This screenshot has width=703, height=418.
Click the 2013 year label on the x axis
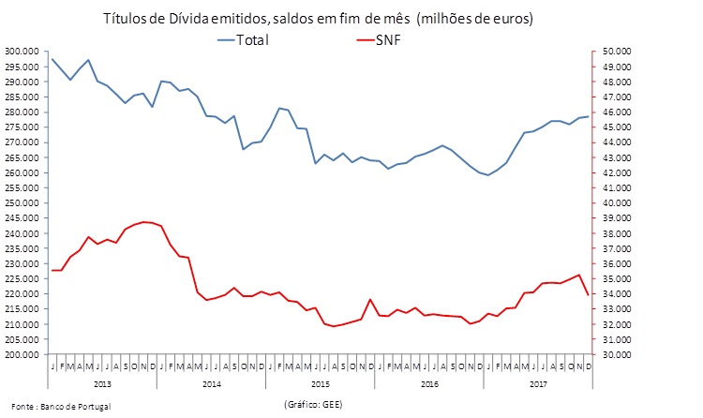(x=102, y=384)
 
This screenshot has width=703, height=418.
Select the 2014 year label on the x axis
(x=211, y=384)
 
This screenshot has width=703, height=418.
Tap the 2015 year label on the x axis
(x=320, y=384)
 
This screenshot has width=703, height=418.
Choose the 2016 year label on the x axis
(x=428, y=384)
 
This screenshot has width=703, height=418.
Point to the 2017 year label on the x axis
(x=537, y=384)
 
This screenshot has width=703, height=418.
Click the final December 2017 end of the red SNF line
(x=588, y=295)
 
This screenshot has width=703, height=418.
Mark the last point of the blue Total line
(x=588, y=116)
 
